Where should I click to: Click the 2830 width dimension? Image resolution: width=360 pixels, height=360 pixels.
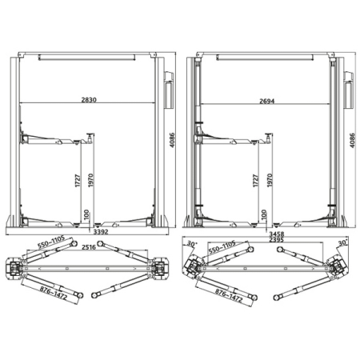[x=89, y=100]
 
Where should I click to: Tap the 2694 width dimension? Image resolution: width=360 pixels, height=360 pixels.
[x=267, y=101]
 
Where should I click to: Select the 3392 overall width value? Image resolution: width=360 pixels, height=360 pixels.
[x=101, y=232]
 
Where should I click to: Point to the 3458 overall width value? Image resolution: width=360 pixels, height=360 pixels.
[x=277, y=234]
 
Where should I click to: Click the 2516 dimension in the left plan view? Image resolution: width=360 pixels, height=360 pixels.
[x=89, y=247]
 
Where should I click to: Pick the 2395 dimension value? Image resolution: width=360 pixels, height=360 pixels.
[x=277, y=240]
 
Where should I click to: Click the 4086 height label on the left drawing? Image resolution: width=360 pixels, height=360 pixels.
[x=172, y=140]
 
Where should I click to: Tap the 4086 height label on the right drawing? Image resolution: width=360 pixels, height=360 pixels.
[x=353, y=141]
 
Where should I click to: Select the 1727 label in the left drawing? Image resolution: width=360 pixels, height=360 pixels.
[x=78, y=181]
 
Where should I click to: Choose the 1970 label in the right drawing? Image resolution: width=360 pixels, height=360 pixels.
[x=270, y=180]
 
